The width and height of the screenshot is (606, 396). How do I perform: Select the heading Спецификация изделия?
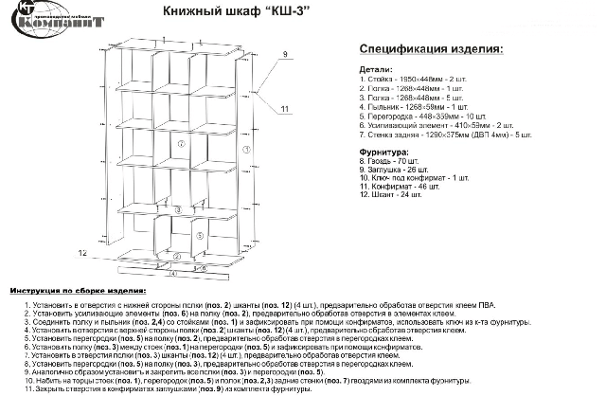coord(430,49)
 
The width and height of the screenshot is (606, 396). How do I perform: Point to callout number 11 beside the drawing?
coord(284,110)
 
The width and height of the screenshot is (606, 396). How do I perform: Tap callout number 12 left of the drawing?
coord(82,254)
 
